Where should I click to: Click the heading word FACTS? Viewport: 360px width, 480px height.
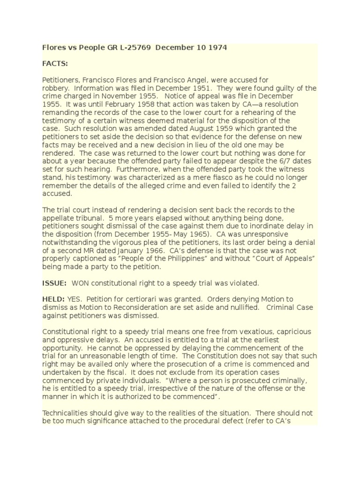tap(55, 64)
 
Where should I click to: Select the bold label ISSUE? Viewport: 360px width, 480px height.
tap(54, 283)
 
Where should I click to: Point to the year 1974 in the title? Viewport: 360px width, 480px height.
tap(217, 48)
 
